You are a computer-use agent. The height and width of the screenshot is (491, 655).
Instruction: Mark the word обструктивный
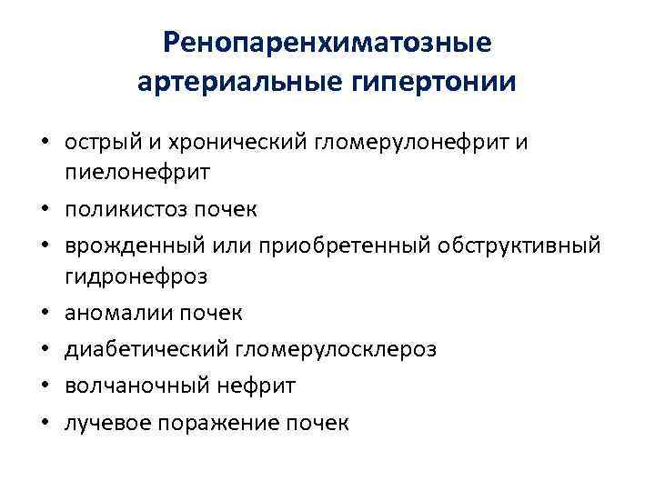pos(522,246)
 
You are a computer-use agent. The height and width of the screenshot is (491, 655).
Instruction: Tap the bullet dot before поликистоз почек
pos(44,211)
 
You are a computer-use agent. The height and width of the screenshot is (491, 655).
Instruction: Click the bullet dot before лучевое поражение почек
pos(44,424)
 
